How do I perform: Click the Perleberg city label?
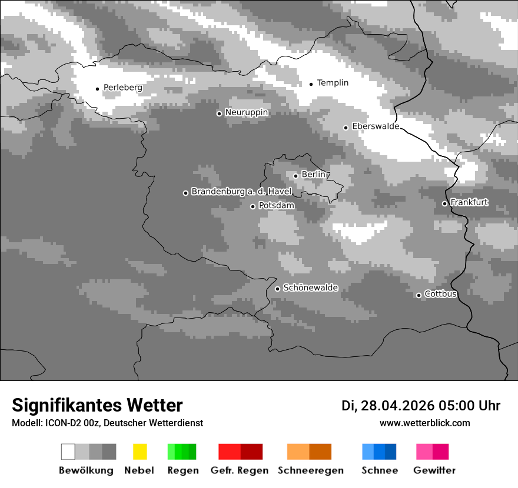[122, 88]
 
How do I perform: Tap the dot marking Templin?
[311, 84]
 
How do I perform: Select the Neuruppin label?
[246, 112]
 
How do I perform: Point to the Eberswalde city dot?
[346, 128]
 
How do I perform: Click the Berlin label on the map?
[313, 175]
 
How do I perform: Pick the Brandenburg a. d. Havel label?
[241, 192]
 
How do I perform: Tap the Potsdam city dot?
[253, 206]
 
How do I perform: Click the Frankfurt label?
[469, 202]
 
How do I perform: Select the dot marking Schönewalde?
[278, 289]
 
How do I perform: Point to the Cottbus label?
[440, 294]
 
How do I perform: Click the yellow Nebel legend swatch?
[140, 452]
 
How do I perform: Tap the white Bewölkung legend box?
[68, 452]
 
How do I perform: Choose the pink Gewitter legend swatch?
[424, 452]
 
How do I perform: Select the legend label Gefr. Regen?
[240, 470]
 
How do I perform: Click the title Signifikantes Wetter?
[97, 406]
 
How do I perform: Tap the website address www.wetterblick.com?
[424, 423]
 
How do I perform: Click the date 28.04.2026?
[397, 406]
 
